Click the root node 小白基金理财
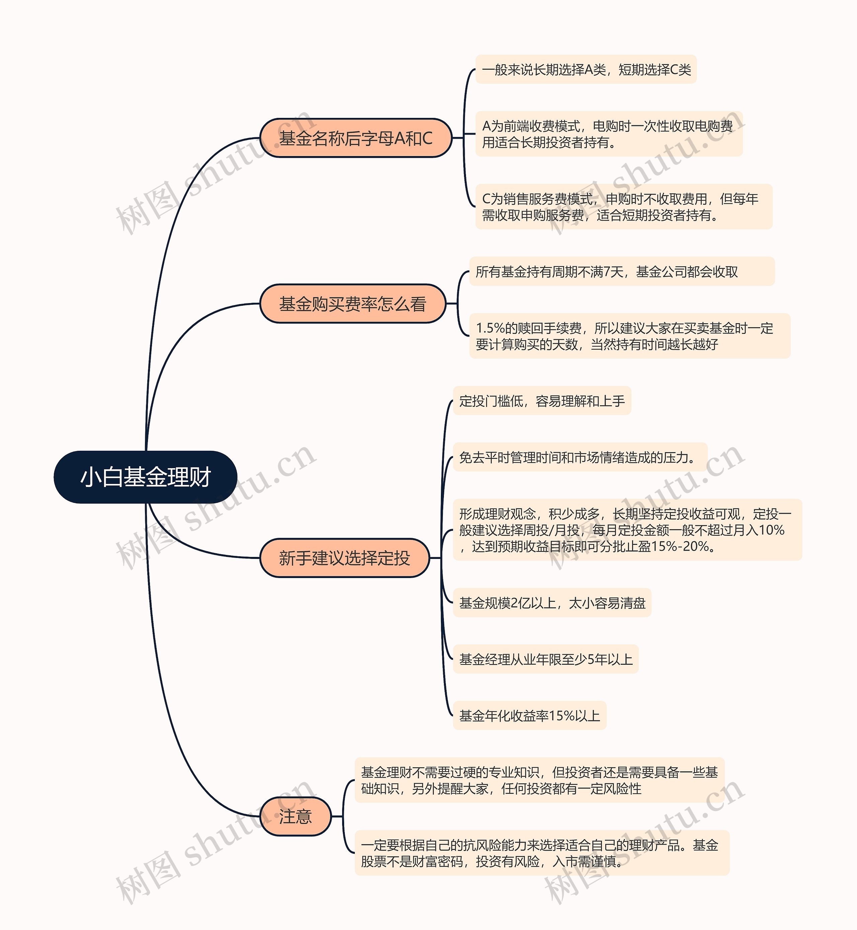146,477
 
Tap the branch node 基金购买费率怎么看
353,304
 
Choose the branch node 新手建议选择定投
344,558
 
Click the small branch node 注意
295,816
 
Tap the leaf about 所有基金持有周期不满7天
621,271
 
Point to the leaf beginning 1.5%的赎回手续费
629,336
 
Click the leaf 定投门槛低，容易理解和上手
542,401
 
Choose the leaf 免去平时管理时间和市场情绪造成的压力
580,457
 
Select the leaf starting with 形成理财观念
627,530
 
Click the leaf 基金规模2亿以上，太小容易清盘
552,602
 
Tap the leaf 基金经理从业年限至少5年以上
545,659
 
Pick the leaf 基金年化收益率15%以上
530,716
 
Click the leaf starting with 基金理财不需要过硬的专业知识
539,780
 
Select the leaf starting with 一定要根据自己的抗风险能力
542,853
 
